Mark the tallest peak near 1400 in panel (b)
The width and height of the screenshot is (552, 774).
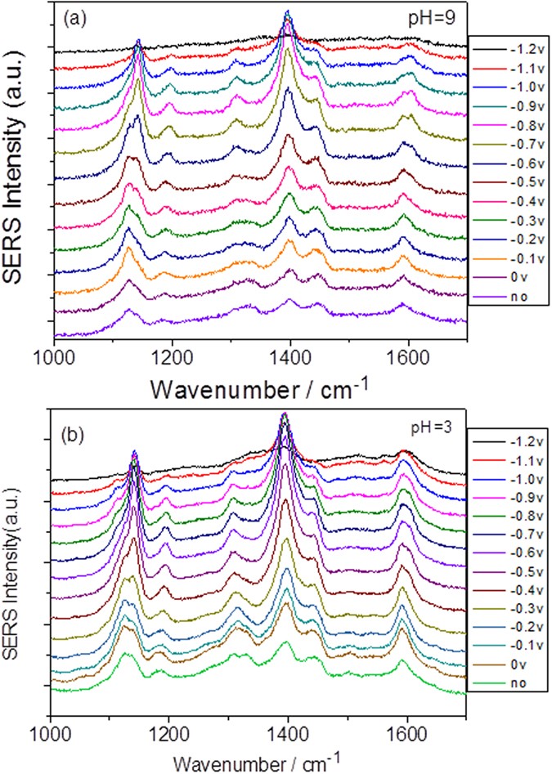pyautogui.click(x=285, y=414)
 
